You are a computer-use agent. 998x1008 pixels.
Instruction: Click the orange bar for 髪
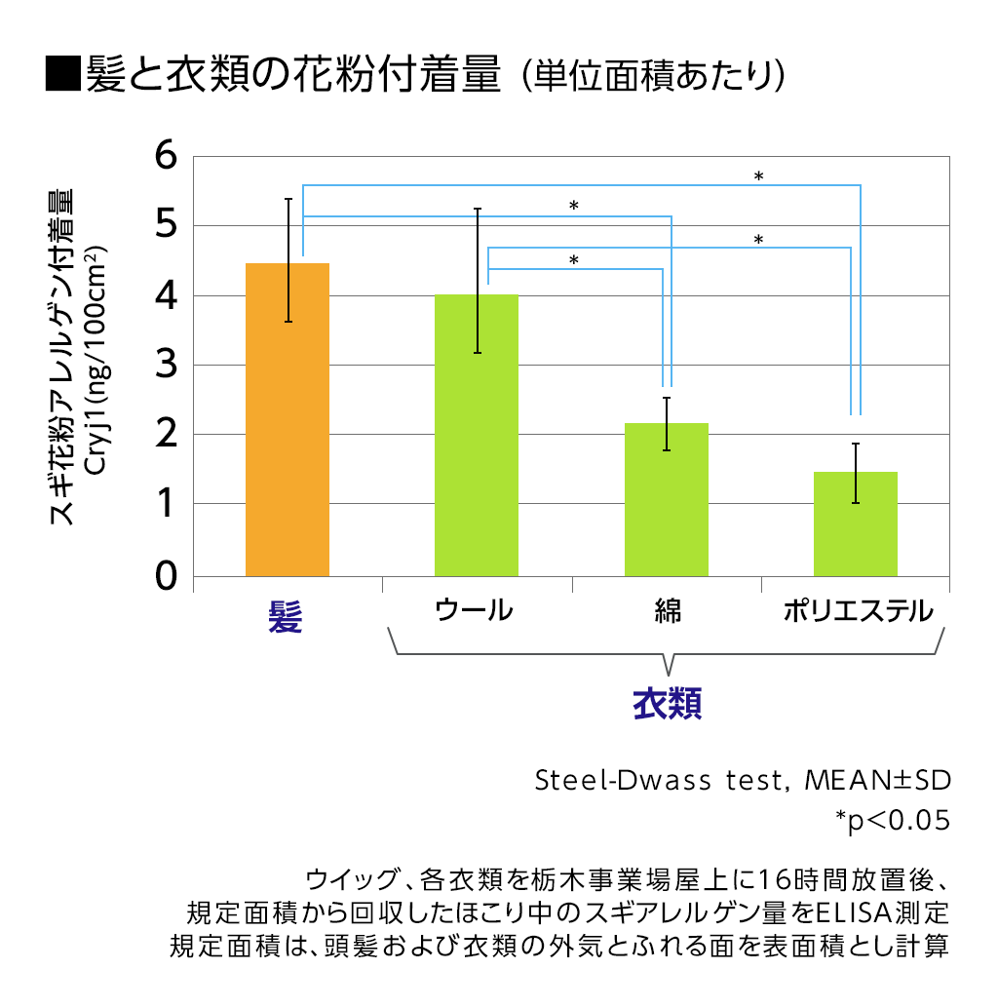287,419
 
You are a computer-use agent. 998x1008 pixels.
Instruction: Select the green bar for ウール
476,435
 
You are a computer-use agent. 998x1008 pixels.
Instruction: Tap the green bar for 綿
666,499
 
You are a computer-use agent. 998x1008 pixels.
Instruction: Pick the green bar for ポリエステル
855,523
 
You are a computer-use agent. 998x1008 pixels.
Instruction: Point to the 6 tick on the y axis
168,156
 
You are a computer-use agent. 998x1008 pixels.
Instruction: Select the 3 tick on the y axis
168,366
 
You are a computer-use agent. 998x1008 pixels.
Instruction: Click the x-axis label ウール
473,611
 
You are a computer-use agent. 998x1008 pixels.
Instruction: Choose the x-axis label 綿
668,611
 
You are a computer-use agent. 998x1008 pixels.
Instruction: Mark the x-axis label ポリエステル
858,611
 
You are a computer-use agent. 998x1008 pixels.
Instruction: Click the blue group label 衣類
668,703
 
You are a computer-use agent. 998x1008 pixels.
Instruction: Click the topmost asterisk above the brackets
758,176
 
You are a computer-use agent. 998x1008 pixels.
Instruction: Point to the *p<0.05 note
892,820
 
